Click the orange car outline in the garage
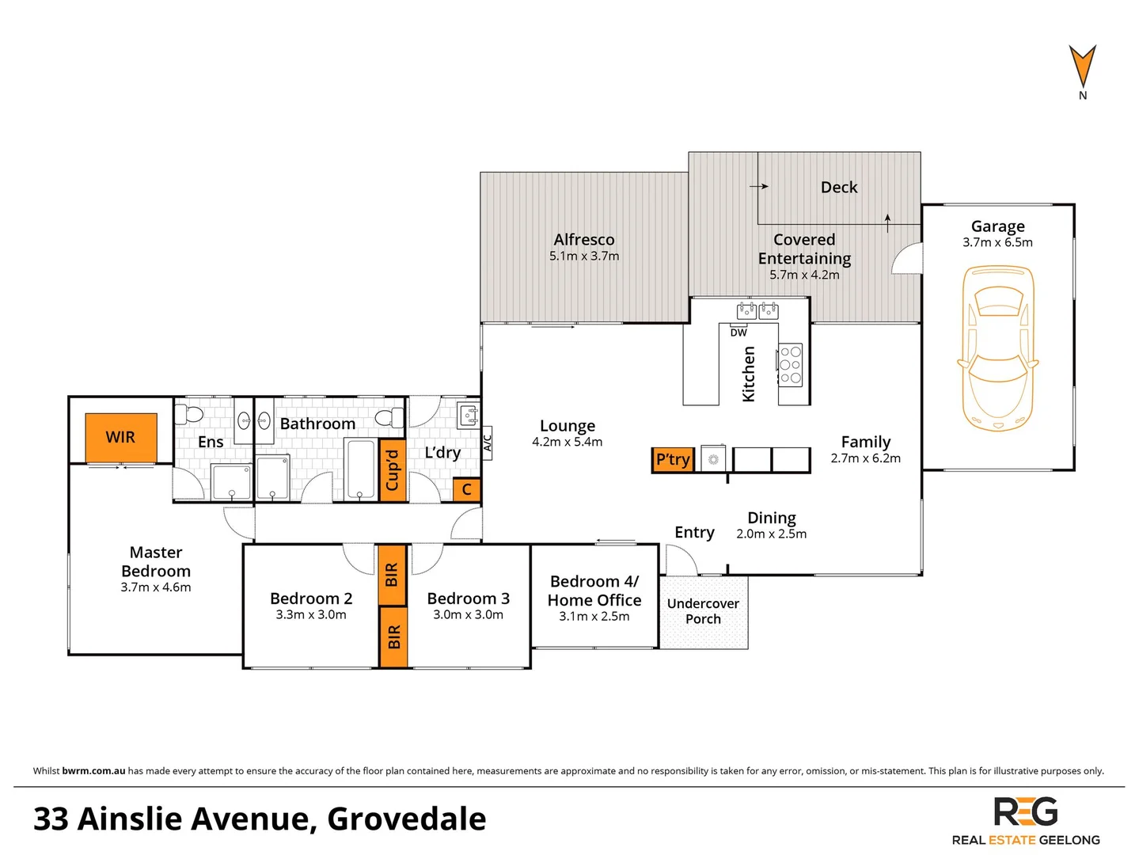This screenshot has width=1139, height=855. coord(997,348)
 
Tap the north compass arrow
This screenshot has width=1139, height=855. coord(1082,66)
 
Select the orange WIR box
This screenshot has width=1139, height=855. coord(121,437)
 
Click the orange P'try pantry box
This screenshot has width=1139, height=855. coord(673,460)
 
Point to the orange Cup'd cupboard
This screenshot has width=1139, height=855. coord(392,470)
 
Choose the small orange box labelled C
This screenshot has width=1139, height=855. coord(466,490)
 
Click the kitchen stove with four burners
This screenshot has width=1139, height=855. coord(790,365)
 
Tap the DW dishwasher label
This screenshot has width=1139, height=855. coord(738,332)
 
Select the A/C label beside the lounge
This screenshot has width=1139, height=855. coord(488,439)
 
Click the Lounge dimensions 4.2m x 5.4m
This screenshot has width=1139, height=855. coord(567,443)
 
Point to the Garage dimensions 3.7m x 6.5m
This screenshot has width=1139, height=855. coord(997,243)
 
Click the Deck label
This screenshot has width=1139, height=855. coord(839,188)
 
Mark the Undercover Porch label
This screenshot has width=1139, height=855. coord(703,611)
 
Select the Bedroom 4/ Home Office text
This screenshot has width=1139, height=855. coord(594,591)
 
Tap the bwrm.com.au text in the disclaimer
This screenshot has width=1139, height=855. coord(93,771)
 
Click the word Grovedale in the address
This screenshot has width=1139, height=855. coord(406,819)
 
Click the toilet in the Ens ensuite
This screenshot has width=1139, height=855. coord(189,414)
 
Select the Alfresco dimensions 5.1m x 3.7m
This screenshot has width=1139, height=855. coord(584,256)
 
